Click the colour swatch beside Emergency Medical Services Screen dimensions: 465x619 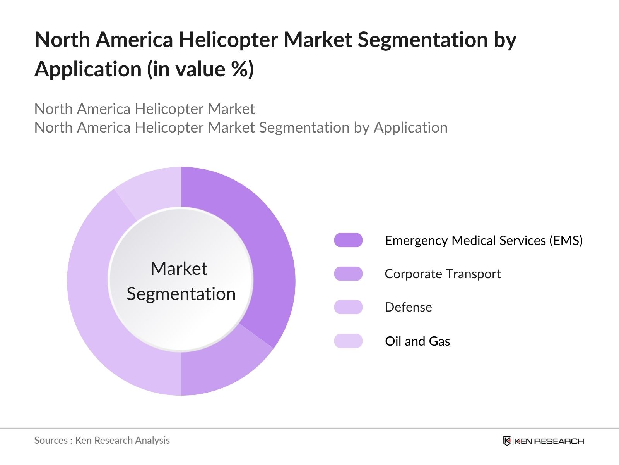click(348, 240)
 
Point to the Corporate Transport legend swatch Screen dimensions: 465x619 click(348, 274)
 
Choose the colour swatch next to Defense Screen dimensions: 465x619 click(348, 307)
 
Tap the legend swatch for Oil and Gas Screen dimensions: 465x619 click(348, 341)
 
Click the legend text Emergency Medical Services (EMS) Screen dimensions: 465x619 click(484, 241)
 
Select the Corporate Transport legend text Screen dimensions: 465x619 click(443, 274)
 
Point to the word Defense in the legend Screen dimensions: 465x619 click(408, 307)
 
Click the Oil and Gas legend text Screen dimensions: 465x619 click(417, 341)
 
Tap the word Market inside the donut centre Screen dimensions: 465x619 click(179, 269)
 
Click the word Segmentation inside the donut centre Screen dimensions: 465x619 click(181, 294)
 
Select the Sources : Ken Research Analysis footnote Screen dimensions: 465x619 click(102, 440)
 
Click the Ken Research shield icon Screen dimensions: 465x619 click(507, 441)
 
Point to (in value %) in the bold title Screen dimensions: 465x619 click(200, 69)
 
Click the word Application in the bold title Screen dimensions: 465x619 click(88, 69)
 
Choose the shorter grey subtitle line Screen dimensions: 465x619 click(144, 109)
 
